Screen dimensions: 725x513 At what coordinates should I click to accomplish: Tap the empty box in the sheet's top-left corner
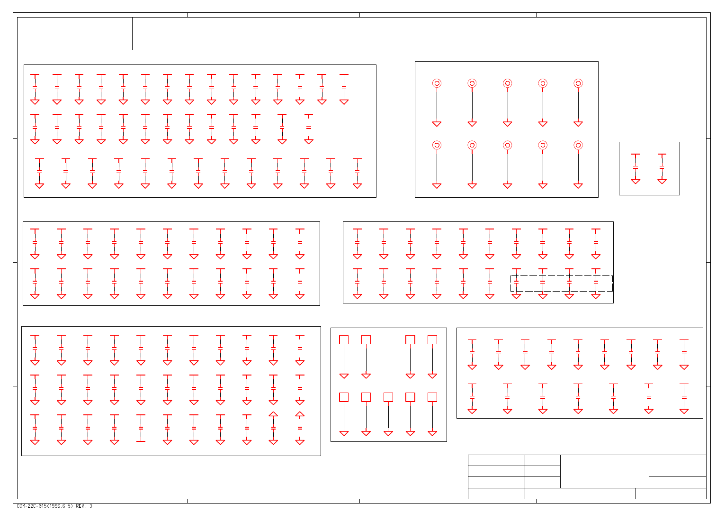click(x=75, y=33)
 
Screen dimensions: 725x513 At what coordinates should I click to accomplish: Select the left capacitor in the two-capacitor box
click(x=635, y=168)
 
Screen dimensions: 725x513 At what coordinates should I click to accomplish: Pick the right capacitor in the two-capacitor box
click(x=662, y=168)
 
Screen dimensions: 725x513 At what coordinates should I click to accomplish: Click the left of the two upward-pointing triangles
click(x=273, y=414)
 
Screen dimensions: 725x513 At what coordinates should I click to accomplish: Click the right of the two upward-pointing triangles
click(x=300, y=414)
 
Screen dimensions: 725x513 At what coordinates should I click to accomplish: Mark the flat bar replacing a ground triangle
click(x=141, y=441)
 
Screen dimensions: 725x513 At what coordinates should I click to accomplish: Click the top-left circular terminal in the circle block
click(x=437, y=83)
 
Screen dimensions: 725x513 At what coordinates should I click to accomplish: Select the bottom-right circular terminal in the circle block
click(x=578, y=145)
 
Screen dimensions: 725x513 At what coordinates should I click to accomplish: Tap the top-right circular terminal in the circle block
click(x=578, y=83)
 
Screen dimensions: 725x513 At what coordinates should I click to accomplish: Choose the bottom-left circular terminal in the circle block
click(x=437, y=145)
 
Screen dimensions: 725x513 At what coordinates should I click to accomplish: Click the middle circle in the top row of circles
click(x=507, y=83)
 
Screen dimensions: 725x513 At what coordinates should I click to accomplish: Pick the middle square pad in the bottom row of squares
click(x=388, y=397)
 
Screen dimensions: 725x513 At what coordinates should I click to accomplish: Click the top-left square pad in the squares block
click(x=344, y=340)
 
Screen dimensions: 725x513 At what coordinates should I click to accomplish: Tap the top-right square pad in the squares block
click(x=432, y=340)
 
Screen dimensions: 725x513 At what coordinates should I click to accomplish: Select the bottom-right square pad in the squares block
click(x=432, y=397)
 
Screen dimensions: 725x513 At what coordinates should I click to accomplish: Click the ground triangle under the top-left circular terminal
click(x=437, y=124)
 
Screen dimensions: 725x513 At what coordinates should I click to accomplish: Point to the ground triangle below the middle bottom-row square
click(x=388, y=433)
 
